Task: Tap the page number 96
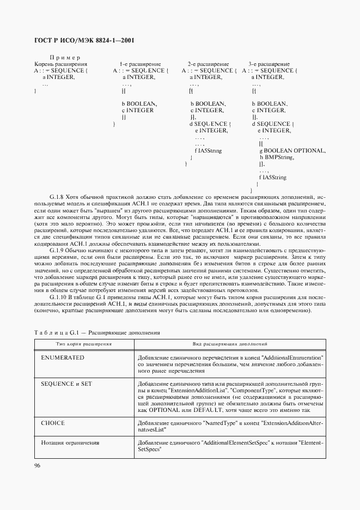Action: (x=38, y=465)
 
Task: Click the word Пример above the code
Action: (x=65, y=58)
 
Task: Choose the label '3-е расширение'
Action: (x=269, y=64)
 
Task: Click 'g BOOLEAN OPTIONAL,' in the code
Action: (x=293, y=150)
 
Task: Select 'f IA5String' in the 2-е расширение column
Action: (x=208, y=150)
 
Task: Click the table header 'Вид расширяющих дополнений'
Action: (x=230, y=344)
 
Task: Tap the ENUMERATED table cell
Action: (x=63, y=357)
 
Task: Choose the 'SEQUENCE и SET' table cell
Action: (x=66, y=384)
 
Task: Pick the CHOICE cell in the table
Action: (x=53, y=423)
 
